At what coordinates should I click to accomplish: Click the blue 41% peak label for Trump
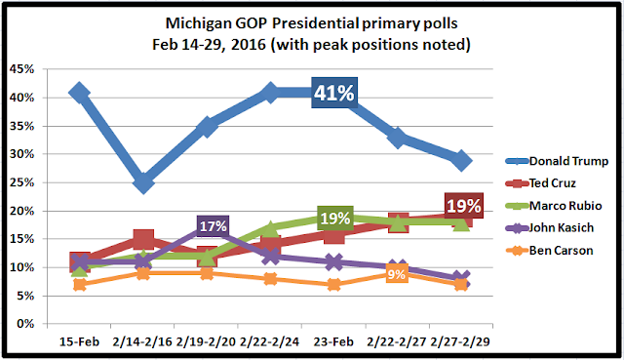tap(334, 93)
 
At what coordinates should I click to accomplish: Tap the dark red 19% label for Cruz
tap(464, 206)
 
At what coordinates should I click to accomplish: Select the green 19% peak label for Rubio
tap(335, 219)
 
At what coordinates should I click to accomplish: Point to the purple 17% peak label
tap(213, 226)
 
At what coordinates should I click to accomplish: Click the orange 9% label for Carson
tap(397, 274)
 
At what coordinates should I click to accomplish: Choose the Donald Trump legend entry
tap(557, 161)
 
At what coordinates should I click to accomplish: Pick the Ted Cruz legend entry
tap(541, 183)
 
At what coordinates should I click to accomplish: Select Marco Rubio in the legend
tap(554, 206)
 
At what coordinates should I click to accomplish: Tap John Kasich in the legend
tap(550, 227)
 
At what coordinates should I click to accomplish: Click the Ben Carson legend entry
tap(549, 251)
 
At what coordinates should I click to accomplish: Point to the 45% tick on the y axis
tap(23, 69)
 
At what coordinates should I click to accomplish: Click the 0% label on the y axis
tap(26, 324)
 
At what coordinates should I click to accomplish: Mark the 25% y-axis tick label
tap(23, 182)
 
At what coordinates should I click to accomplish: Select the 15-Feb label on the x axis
tap(79, 341)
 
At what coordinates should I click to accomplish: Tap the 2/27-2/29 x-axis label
tap(461, 341)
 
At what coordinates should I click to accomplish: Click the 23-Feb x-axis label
tap(333, 341)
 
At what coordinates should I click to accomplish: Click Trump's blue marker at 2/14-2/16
tap(143, 182)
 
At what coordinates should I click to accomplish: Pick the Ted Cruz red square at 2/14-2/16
tap(143, 239)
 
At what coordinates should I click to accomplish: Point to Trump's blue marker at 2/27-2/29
tap(461, 160)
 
